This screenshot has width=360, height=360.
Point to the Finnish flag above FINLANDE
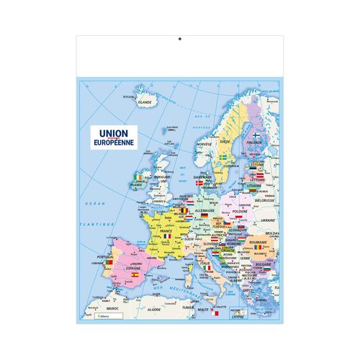(255, 135)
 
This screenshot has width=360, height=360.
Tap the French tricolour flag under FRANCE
(167, 235)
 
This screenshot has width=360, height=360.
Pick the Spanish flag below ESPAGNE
(134, 274)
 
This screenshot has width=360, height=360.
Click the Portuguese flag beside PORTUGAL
(108, 263)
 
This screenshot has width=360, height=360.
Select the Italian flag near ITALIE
(207, 269)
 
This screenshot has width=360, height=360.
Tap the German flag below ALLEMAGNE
(204, 216)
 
